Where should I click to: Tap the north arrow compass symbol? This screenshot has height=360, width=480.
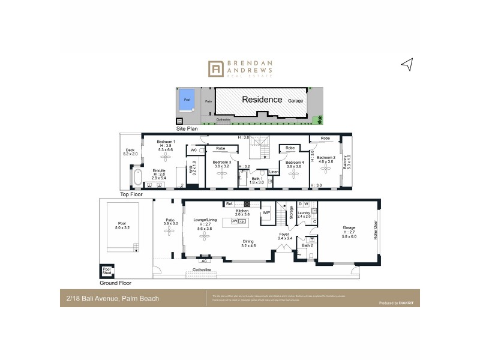tap(407, 65)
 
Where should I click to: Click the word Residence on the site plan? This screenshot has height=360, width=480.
tap(262, 99)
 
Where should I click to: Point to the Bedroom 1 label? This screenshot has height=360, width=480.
tap(166, 142)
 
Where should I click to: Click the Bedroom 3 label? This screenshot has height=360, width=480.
tap(221, 162)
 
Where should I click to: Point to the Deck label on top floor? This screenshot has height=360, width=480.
tap(130, 150)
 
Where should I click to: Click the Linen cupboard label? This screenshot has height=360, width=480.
tap(273, 172)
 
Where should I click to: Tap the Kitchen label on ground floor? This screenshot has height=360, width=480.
tap(242, 211)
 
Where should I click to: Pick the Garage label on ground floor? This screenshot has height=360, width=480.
tap(349, 227)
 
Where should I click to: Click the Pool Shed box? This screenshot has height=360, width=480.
tap(107, 271)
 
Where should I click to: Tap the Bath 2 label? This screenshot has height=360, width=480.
tap(307, 245)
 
